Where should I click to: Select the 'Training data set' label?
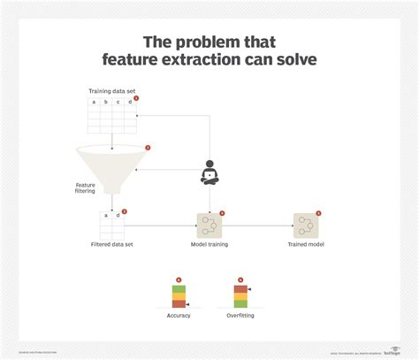(111, 91)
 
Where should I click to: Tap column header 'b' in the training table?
(106, 103)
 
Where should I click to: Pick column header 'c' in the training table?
(118, 103)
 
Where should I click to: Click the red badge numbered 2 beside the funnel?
(148, 148)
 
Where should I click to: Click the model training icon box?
(209, 225)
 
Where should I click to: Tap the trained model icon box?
(306, 225)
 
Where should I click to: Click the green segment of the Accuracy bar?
(178, 289)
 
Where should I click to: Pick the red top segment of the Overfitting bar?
(240, 288)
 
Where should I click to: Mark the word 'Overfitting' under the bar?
(240, 315)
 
